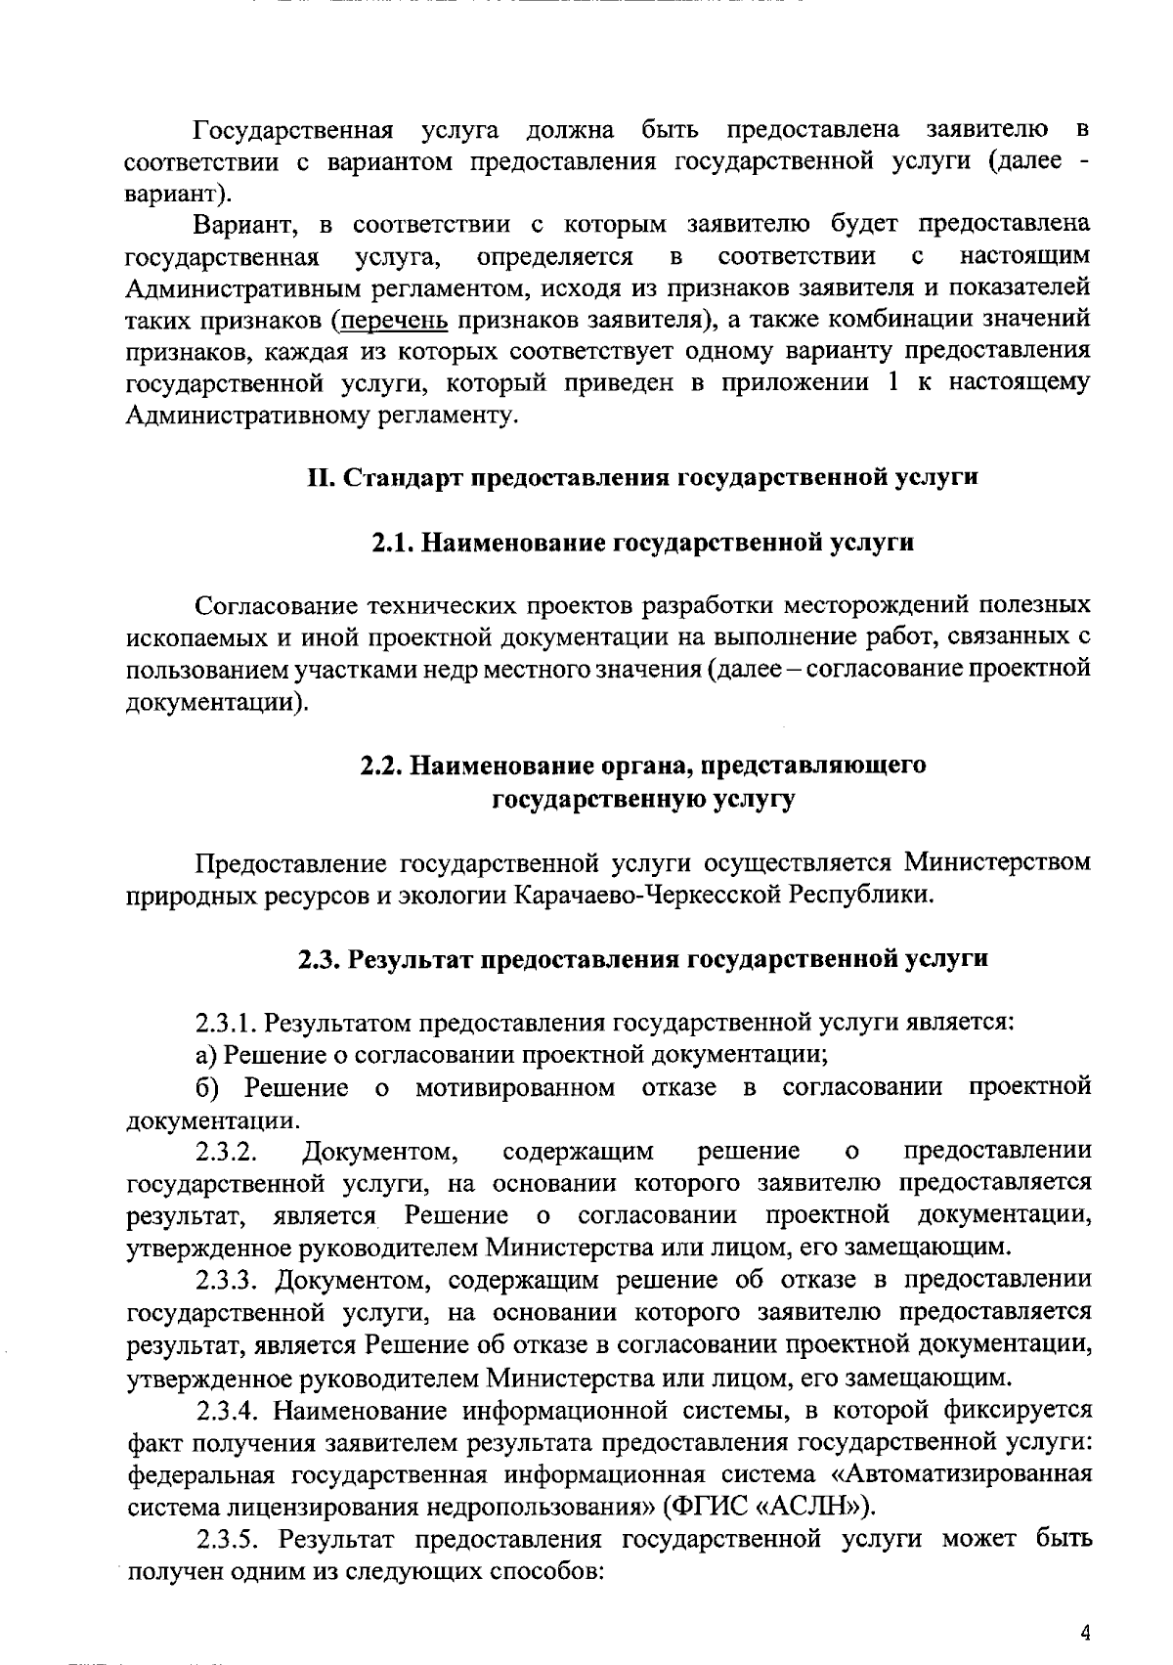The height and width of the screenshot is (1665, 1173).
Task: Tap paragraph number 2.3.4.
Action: pos(228,1411)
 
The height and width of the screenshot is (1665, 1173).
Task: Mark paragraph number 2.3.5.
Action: pos(228,1539)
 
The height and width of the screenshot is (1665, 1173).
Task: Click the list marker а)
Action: pos(205,1055)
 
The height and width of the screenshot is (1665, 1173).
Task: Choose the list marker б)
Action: pos(206,1087)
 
